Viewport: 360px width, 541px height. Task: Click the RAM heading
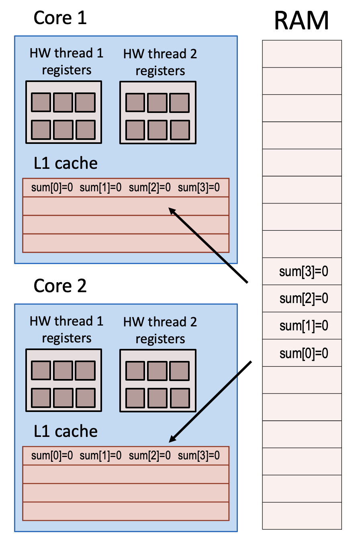point(301,21)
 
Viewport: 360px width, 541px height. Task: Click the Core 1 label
point(60,18)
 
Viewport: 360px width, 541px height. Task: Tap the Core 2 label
point(60,286)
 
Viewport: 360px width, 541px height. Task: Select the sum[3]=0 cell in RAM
point(304,271)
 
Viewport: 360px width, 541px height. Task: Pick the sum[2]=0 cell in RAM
point(304,299)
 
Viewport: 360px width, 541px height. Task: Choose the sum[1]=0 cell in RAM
point(304,326)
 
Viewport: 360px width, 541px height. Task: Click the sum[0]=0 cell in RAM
point(304,353)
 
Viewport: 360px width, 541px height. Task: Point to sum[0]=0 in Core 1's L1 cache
point(52,188)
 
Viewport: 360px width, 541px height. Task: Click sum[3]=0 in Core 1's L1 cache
point(199,188)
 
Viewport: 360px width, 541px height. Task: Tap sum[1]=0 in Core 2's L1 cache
point(100,456)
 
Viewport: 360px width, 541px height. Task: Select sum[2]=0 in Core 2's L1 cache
point(150,456)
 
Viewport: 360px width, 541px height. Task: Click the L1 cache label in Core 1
point(66,163)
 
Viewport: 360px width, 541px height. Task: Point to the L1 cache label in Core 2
point(66,431)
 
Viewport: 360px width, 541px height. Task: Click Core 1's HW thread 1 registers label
point(66,61)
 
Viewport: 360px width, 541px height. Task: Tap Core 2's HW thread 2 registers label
point(160,330)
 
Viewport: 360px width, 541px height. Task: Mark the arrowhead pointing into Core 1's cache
point(172,210)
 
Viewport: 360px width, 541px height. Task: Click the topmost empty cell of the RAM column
point(302,54)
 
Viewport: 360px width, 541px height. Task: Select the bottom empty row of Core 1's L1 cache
point(125,243)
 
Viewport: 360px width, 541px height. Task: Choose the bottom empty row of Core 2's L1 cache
point(125,511)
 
